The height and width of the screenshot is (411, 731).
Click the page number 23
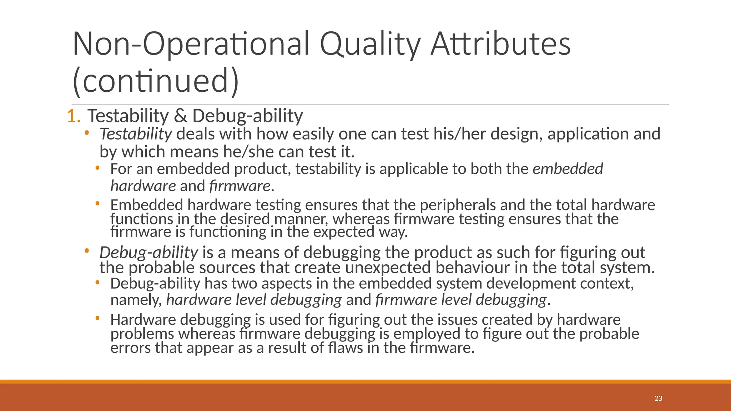coord(658,399)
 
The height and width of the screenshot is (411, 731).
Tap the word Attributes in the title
coord(500,44)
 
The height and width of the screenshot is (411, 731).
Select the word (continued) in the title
coord(155,81)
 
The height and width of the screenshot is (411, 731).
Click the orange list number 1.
coord(73,116)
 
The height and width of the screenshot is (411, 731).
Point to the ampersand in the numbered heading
coord(181,116)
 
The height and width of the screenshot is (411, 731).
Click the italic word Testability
coord(136,134)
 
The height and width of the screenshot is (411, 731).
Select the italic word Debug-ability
coord(148,253)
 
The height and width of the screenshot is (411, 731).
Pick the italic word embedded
coord(568,169)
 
